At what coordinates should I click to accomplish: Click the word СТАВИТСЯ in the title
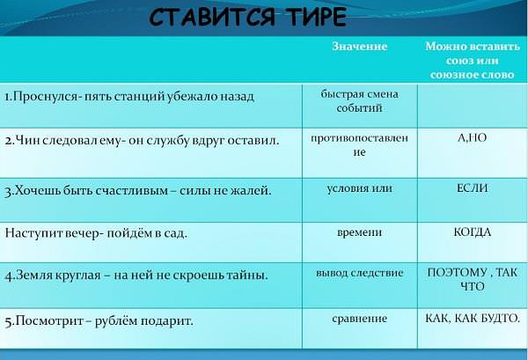[211, 18]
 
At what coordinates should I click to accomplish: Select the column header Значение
[360, 46]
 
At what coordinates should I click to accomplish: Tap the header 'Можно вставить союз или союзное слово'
[472, 60]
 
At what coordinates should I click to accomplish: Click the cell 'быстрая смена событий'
[360, 101]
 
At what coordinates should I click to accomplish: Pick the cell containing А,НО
[472, 137]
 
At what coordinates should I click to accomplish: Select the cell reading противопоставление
[360, 145]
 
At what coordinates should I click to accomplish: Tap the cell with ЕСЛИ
[472, 188]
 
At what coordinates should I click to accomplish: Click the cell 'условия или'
[360, 188]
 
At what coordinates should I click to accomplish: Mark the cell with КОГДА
[472, 232]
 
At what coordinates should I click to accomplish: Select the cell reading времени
[360, 232]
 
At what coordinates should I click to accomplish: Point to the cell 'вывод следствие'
[360, 273]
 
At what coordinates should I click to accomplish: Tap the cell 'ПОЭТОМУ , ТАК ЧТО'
[472, 279]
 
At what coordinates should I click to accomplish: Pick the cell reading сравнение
[360, 319]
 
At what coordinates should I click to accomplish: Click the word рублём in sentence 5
[114, 321]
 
